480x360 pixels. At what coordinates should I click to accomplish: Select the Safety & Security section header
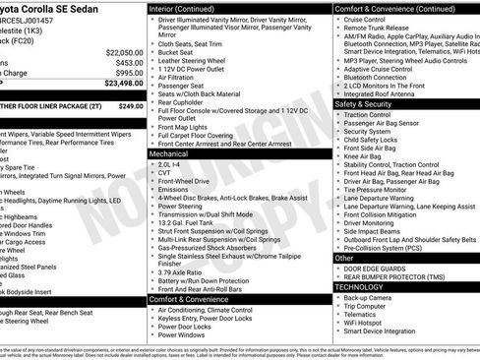(364, 103)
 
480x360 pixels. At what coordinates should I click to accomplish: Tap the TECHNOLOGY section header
(360, 287)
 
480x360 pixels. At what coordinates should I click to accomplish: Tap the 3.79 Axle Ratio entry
(184, 272)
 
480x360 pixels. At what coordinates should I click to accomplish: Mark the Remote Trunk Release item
(375, 28)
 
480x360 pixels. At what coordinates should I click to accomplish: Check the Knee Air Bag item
(363, 155)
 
